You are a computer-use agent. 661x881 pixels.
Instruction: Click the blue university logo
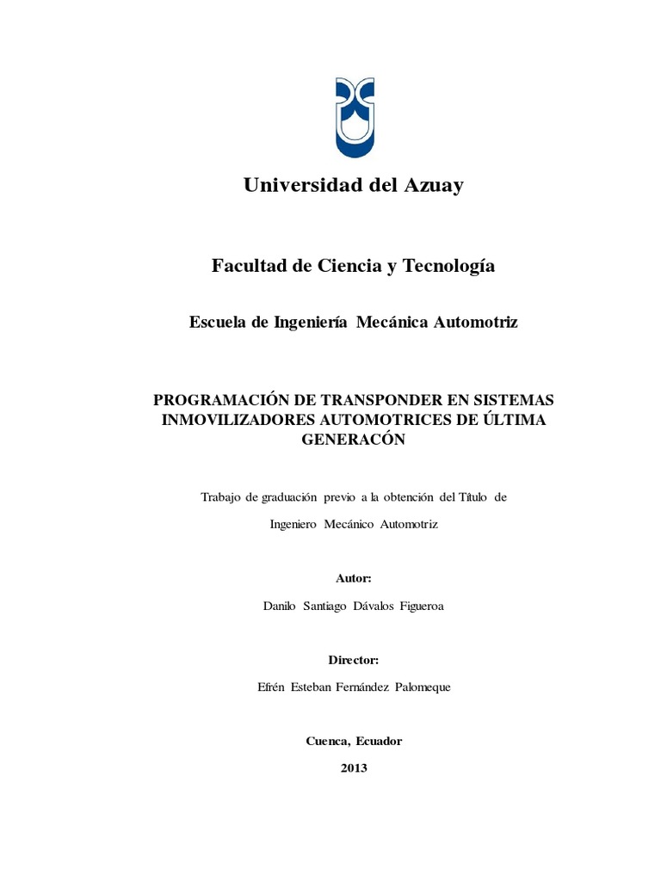coord(354,118)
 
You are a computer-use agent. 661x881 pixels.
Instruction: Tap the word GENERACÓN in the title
coord(354,439)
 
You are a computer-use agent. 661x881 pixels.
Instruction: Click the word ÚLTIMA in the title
coord(516,420)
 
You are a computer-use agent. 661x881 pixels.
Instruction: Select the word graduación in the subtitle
coord(278,496)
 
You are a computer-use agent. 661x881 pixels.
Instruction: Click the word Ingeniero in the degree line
coord(293,524)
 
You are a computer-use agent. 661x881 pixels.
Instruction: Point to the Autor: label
coord(354,578)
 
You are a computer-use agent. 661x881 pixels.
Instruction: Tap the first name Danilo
coord(279,606)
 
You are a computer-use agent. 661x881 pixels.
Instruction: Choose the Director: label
coord(354,660)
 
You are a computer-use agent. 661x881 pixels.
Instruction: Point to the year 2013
coord(354,767)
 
